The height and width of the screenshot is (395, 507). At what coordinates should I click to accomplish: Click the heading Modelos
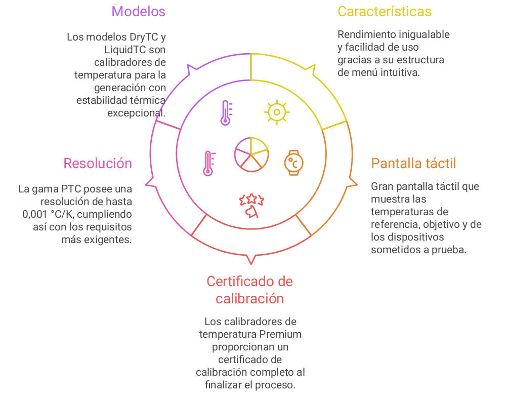138,11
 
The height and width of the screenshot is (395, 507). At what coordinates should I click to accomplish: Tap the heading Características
385,11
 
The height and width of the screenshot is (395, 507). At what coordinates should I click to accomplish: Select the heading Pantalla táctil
413,163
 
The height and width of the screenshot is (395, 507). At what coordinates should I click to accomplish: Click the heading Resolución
98,163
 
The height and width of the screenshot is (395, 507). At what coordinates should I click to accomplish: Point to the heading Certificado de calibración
249,290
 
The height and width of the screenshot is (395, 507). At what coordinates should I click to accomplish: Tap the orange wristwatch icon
293,162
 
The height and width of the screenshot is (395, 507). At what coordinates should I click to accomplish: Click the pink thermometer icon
208,163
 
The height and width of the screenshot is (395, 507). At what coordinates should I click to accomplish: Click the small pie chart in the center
251,154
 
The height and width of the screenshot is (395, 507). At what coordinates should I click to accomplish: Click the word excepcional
136,112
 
